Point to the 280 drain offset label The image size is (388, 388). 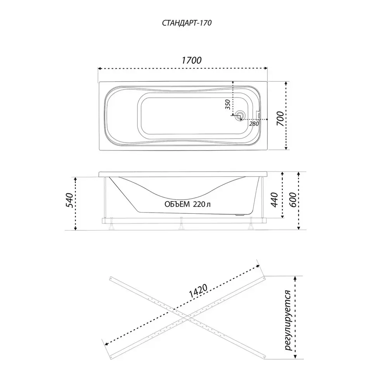click(254, 124)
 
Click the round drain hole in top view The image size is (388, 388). click(240, 115)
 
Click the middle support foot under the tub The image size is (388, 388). click(181, 224)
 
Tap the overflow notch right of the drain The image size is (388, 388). click(259, 115)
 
